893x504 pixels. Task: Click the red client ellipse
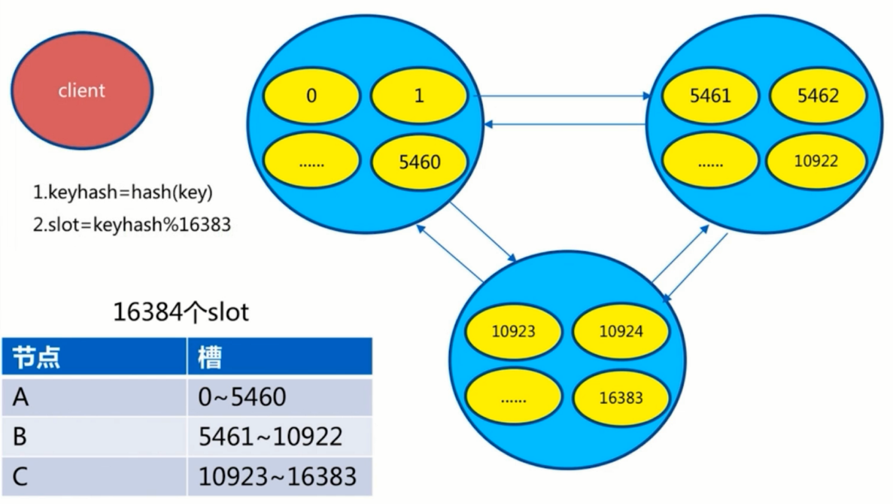82,92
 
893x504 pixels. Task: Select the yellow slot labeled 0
311,96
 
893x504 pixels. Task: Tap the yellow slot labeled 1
420,96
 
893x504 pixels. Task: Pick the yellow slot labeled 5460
420,162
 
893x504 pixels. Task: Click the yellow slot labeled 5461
710,96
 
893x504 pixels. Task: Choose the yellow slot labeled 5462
817,96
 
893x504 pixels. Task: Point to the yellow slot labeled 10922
817,162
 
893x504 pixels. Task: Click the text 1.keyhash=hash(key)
123,193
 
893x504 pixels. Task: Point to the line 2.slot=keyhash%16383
131,225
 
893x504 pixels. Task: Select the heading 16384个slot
181,311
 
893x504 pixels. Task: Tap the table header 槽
211,357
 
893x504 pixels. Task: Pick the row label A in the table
21,396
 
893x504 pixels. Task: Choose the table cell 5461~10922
271,436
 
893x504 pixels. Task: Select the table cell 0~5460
242,396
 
